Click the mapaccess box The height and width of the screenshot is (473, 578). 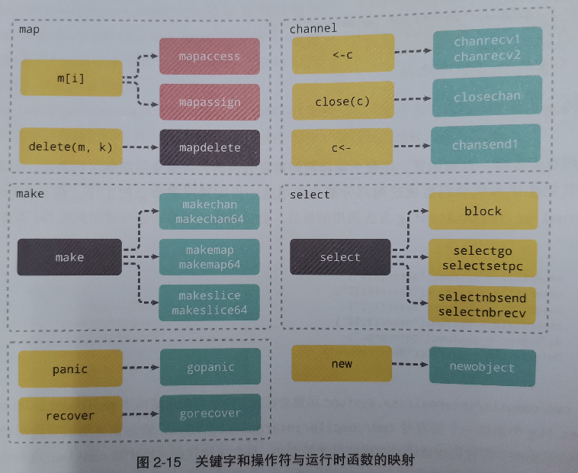[209, 56]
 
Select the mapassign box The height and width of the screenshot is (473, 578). [209, 102]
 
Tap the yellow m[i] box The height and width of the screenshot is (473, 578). [72, 78]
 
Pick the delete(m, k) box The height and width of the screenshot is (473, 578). [70, 147]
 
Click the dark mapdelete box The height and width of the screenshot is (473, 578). [209, 147]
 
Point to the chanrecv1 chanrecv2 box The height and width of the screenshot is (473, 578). [487, 48]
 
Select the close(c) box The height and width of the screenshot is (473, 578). [342, 101]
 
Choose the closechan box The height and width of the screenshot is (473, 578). [487, 97]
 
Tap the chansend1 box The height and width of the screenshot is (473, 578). [486, 144]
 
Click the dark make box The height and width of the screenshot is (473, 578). [69, 257]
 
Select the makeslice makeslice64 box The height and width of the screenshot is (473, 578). [209, 303]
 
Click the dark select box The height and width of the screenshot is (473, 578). [340, 257]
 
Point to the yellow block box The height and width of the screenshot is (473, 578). [483, 211]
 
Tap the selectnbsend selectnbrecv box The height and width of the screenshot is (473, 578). [482, 304]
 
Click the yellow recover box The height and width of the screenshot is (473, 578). [70, 416]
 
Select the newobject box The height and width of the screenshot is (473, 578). [482, 367]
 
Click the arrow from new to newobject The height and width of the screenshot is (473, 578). [410, 365]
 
